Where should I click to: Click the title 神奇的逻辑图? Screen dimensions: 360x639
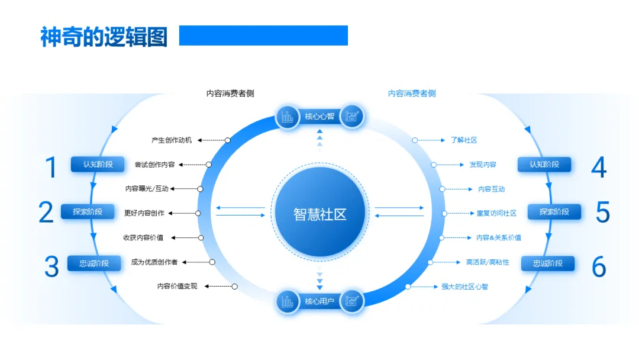point(104,37)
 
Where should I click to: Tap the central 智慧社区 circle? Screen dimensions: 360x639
point(319,213)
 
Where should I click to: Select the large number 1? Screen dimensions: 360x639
point(52,168)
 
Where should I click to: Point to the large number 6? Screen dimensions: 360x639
point(599,267)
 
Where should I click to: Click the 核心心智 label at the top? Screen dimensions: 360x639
point(319,117)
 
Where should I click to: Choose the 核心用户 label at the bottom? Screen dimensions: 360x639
point(319,301)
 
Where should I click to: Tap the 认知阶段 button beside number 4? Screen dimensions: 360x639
point(544,164)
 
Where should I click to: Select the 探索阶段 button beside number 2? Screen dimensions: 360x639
point(88,211)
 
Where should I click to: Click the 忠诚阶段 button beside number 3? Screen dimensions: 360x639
point(94,263)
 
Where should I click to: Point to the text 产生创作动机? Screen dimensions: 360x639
point(172,140)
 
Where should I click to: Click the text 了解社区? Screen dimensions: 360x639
point(464,140)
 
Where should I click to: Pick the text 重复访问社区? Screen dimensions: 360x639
point(496,213)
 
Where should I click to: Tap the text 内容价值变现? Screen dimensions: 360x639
point(177,286)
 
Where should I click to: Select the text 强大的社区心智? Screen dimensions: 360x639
point(464,287)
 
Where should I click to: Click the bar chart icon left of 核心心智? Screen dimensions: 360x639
point(288,117)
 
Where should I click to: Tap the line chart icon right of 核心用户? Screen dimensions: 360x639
point(352,301)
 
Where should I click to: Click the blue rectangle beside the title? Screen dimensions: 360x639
point(263,36)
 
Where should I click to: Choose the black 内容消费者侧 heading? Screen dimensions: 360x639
point(230,94)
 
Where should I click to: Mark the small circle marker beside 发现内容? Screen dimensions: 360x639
point(434,165)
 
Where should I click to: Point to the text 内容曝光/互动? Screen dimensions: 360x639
point(147,189)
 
